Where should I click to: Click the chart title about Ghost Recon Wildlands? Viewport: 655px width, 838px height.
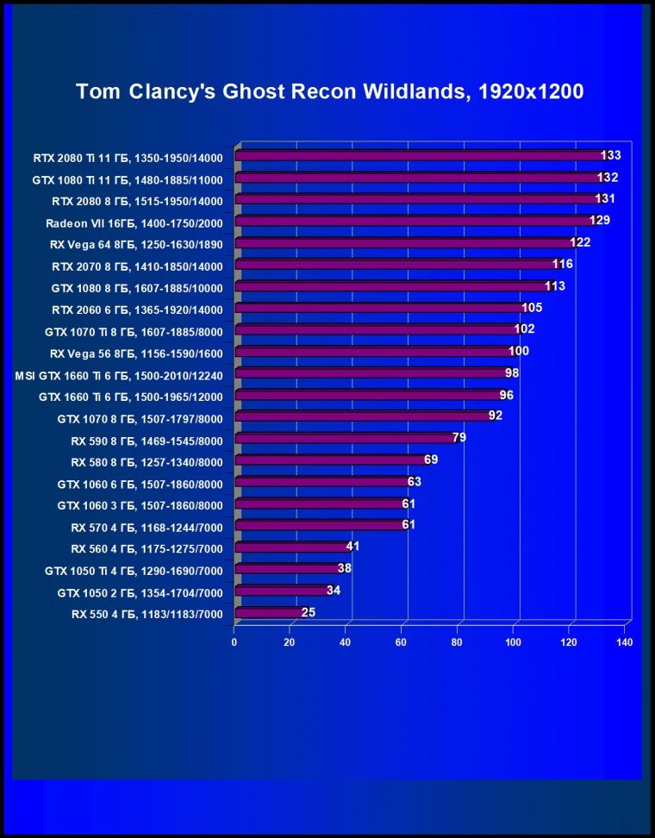pyautogui.click(x=330, y=92)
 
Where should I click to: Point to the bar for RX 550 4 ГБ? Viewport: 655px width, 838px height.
pyautogui.click(x=267, y=613)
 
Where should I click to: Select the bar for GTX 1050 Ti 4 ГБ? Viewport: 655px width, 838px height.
pyautogui.click(x=286, y=569)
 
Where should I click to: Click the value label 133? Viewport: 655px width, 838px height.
pyautogui.click(x=611, y=155)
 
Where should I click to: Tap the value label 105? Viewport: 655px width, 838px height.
pyautogui.click(x=532, y=308)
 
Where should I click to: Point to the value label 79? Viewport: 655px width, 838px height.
pyautogui.click(x=459, y=438)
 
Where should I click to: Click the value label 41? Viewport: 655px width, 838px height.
pyautogui.click(x=352, y=547)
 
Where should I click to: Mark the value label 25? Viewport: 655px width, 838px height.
pyautogui.click(x=309, y=612)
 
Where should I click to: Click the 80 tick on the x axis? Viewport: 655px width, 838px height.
pyautogui.click(x=457, y=642)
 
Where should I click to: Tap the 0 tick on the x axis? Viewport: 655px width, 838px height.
pyautogui.click(x=234, y=642)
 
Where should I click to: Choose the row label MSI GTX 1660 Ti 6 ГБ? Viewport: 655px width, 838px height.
pyautogui.click(x=120, y=375)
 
